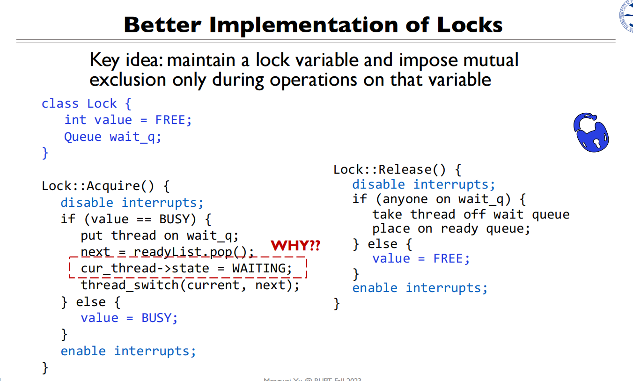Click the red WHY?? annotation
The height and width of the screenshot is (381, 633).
[x=295, y=245]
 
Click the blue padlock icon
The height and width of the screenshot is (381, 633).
[x=591, y=132]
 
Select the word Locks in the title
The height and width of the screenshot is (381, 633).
[x=470, y=25]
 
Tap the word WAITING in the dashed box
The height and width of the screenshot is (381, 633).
[x=262, y=269]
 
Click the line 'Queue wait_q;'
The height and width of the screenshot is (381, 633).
[x=112, y=137]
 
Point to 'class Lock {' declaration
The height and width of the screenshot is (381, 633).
[x=86, y=103]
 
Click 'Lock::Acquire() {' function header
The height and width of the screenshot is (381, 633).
[x=105, y=186]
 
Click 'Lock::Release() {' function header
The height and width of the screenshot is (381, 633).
[x=397, y=169]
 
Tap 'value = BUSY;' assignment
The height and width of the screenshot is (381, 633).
[x=129, y=318]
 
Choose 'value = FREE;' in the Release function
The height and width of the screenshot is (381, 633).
[x=421, y=258]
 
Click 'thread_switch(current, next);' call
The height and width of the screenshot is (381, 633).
[x=190, y=285]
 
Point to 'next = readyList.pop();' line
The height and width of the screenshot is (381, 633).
[x=167, y=252]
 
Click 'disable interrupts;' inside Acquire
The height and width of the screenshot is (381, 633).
[x=132, y=203]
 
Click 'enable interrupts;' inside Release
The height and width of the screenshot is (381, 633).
[x=420, y=288]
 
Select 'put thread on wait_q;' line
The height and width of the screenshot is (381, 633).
[x=160, y=235]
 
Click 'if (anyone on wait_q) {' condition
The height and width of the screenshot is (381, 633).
[x=439, y=199]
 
